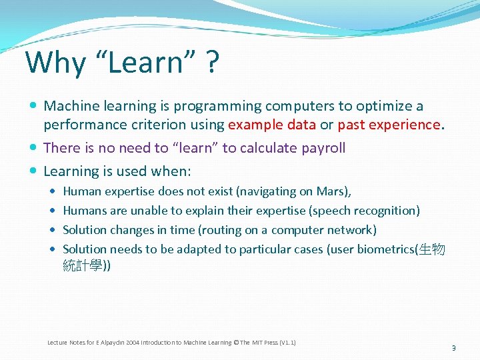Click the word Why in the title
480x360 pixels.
[56, 63]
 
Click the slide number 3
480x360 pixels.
[453, 347]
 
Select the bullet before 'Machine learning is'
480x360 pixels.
[33, 106]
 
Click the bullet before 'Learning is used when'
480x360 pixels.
[33, 171]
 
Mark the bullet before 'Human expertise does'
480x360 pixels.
[53, 191]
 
